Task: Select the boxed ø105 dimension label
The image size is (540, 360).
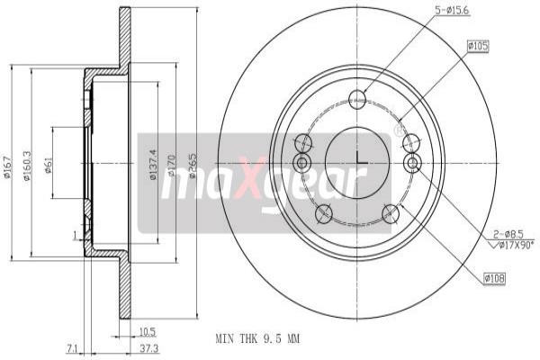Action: click(x=478, y=45)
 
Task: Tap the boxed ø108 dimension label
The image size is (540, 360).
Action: click(x=494, y=280)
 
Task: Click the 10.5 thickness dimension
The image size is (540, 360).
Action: click(x=147, y=330)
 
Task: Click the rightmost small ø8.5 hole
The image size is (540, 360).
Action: click(x=413, y=162)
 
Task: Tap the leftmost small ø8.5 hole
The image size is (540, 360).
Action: click(x=301, y=162)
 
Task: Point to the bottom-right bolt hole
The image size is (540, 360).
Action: click(x=391, y=213)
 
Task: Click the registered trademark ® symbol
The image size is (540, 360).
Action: click(x=398, y=131)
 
